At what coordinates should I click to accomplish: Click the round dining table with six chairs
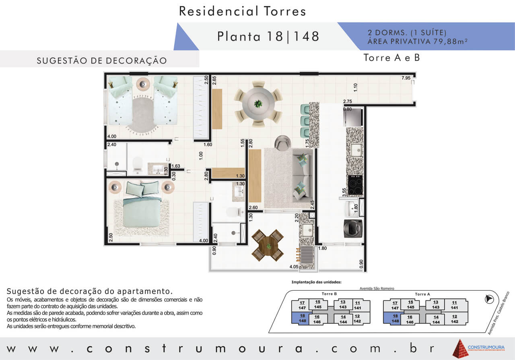pyautogui.click(x=258, y=104)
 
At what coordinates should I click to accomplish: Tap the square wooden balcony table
pyautogui.click(x=268, y=245)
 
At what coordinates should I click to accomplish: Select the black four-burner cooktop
pyautogui.click(x=355, y=185)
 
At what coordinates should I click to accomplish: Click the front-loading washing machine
pyautogui.click(x=353, y=228)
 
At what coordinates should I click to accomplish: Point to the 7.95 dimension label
pyautogui.click(x=406, y=78)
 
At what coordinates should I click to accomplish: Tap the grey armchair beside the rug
pyautogui.click(x=282, y=143)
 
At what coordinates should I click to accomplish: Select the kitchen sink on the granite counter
pyautogui.click(x=356, y=150)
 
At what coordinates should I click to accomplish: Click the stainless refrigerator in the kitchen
pyautogui.click(x=353, y=117)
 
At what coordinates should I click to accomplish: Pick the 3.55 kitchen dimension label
pyautogui.click(x=344, y=192)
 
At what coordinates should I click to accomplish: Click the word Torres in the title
pyautogui.click(x=285, y=11)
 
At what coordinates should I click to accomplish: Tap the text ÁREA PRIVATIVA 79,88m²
pyautogui.click(x=418, y=41)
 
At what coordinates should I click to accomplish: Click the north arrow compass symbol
pyautogui.click(x=489, y=299)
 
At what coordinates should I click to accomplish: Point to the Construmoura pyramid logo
pyautogui.click(x=460, y=348)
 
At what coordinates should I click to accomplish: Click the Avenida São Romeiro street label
pyautogui.click(x=377, y=288)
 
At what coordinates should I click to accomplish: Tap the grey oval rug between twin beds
pyautogui.click(x=142, y=115)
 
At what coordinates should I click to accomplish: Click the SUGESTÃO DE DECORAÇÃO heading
pyautogui.click(x=102, y=60)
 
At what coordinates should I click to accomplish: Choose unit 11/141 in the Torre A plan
pyautogui.click(x=454, y=305)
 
